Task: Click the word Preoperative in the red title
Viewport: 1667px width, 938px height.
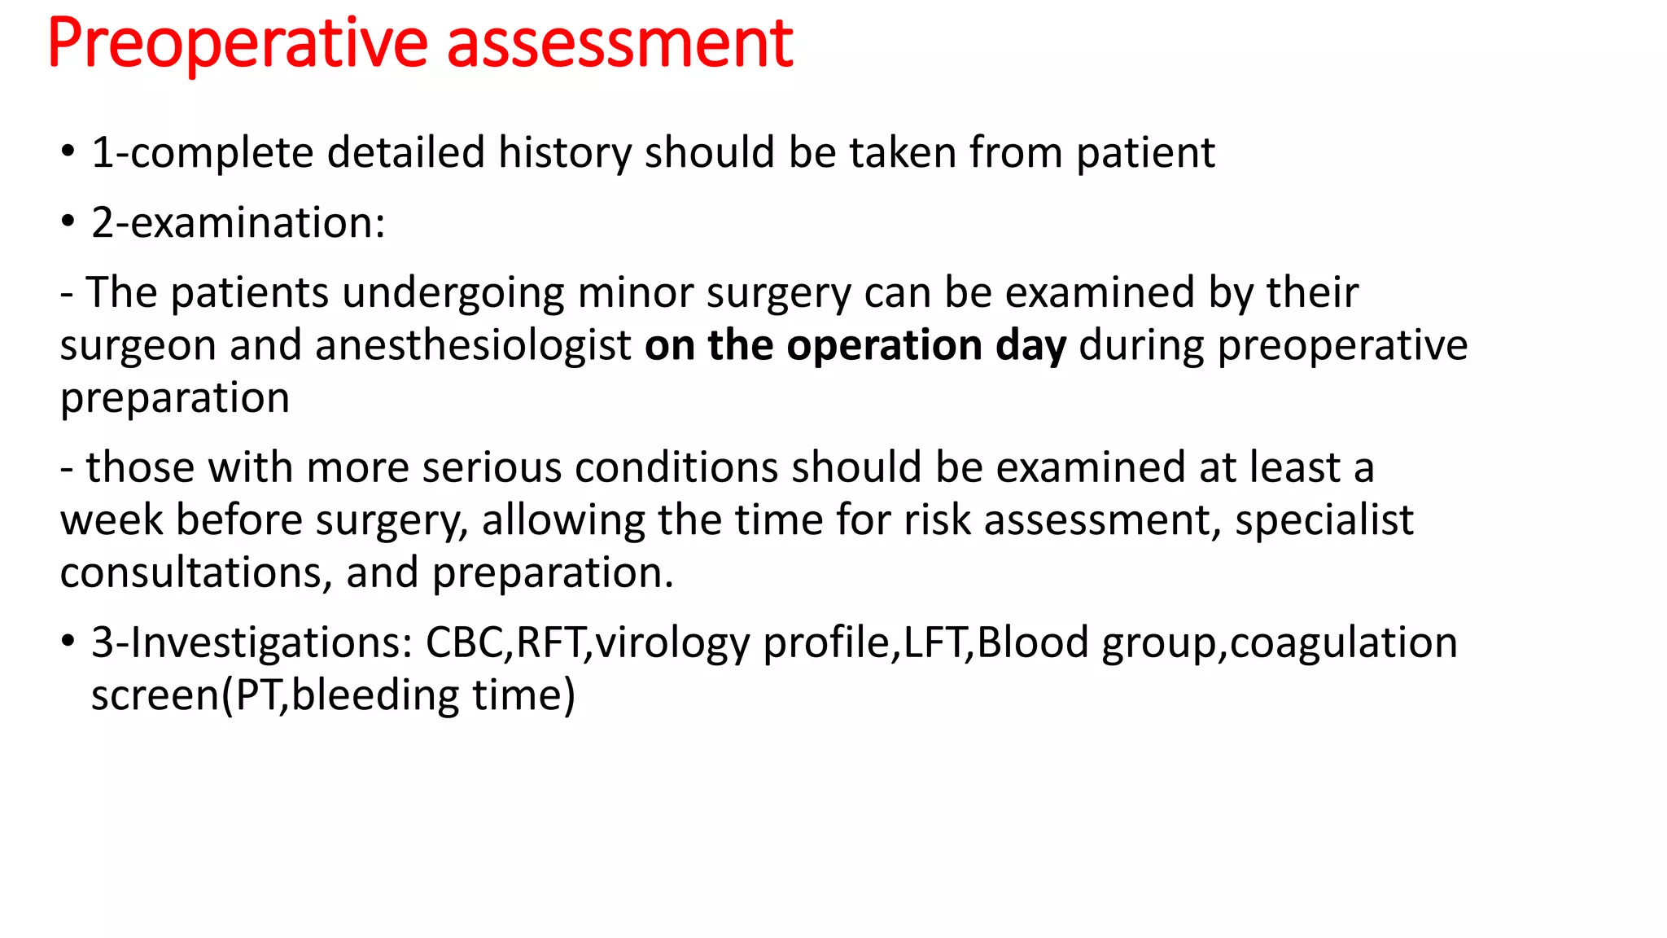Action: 237,44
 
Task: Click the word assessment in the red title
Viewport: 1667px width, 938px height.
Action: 619,44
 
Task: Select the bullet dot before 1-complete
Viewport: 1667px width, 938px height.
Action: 68,152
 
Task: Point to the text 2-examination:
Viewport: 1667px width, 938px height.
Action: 238,223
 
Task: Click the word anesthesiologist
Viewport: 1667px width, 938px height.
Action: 473,345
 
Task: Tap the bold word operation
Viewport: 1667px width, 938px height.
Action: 885,345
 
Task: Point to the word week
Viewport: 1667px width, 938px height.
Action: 112,520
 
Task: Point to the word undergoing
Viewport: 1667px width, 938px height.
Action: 453,292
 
